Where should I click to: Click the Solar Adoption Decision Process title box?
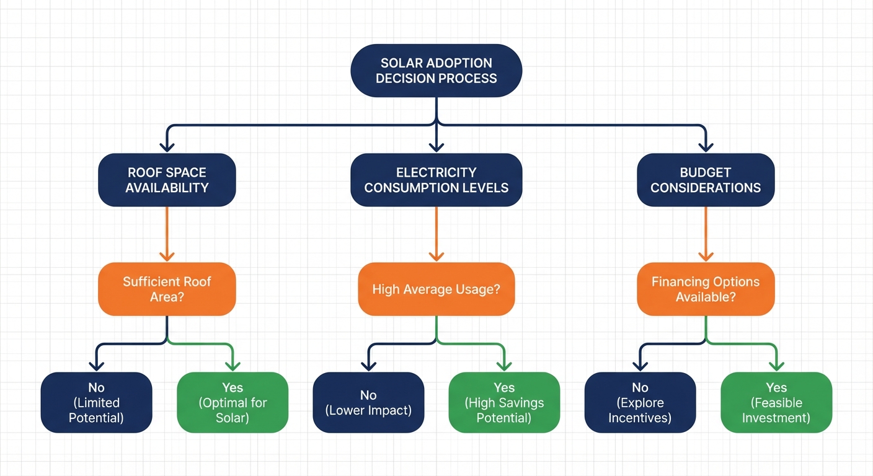coord(436,70)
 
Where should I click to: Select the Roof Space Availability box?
coord(167,180)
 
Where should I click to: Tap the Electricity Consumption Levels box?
coord(436,180)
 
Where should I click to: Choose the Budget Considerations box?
coord(706,180)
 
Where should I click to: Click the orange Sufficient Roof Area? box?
coord(167,289)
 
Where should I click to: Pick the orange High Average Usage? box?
coord(436,289)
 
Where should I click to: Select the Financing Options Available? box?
coord(706,289)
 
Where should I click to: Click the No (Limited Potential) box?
coord(96,402)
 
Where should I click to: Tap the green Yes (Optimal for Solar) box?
coord(233,402)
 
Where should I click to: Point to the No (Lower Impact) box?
coord(368,402)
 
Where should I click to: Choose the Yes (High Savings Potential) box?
coord(504,402)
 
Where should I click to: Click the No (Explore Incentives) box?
coord(640,402)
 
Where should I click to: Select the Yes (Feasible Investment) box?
coord(776,402)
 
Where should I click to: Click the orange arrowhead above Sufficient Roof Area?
coord(167,255)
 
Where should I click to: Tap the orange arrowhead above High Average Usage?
coord(436,255)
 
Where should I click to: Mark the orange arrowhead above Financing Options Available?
coord(706,255)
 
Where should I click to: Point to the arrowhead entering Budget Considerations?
coord(706,146)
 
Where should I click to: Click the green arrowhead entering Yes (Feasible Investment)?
coord(776,365)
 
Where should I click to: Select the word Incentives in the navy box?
coord(640,418)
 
